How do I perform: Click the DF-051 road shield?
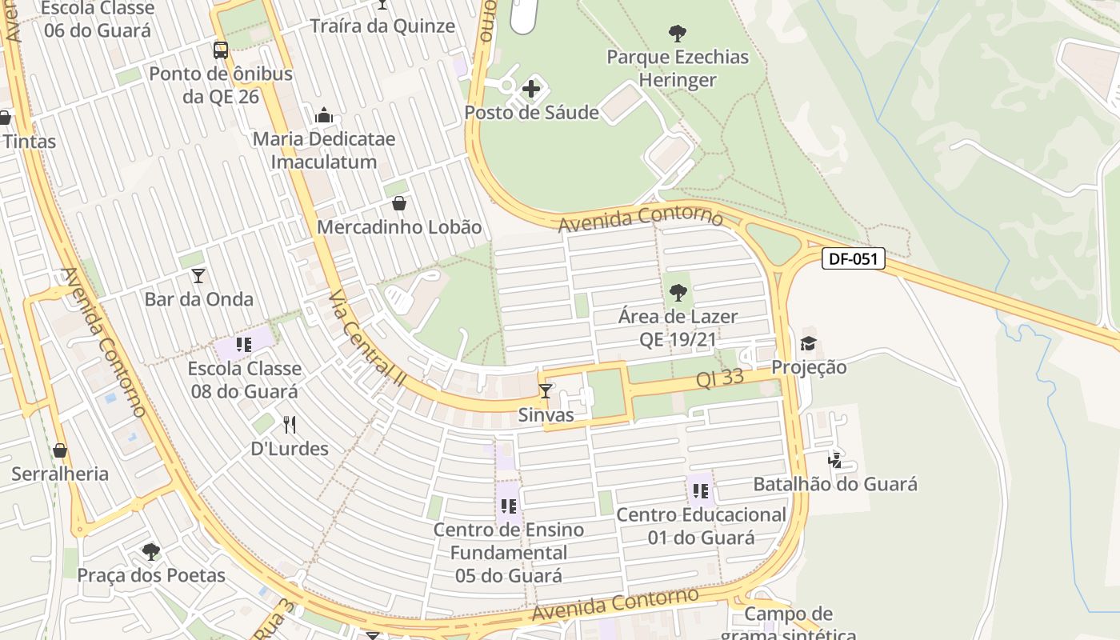click(x=853, y=258)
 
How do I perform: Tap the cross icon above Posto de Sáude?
click(x=531, y=89)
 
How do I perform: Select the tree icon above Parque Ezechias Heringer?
click(x=678, y=34)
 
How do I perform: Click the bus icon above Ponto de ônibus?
click(x=221, y=50)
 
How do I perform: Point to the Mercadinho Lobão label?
click(x=399, y=227)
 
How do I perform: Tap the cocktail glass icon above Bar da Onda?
click(x=198, y=276)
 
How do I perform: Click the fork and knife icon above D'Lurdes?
click(x=290, y=425)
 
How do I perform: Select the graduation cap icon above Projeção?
click(x=809, y=344)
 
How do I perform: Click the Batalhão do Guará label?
click(x=835, y=484)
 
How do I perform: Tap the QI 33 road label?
click(x=720, y=378)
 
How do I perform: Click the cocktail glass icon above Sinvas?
click(x=546, y=391)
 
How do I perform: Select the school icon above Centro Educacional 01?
click(x=701, y=491)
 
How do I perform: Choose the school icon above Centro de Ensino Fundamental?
click(x=508, y=506)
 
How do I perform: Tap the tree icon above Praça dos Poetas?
click(x=150, y=551)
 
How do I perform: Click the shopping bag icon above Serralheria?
click(x=60, y=450)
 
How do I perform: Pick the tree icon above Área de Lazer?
click(x=678, y=293)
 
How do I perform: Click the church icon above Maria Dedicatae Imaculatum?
click(x=324, y=115)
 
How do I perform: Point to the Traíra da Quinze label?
click(x=382, y=26)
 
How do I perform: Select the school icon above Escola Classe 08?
click(x=244, y=345)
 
